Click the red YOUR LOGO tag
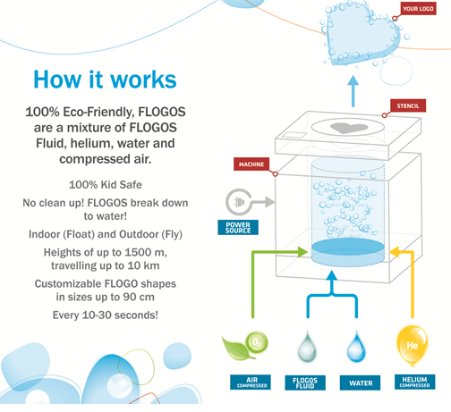(418, 9)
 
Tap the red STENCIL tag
(408, 105)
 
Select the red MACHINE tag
(251, 164)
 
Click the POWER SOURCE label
(238, 228)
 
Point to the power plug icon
(239, 202)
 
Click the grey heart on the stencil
(349, 128)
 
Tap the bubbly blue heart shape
(362, 35)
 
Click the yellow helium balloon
(412, 346)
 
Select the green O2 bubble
(257, 343)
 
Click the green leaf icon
(235, 347)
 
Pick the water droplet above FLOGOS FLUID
(307, 346)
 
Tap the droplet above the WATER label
(356, 346)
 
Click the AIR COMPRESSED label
(251, 383)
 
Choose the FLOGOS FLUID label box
(305, 383)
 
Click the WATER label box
(360, 383)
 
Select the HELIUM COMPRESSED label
(415, 382)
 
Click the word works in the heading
(143, 80)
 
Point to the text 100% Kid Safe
(106, 185)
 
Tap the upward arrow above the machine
(353, 91)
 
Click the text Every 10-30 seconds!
(106, 315)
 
